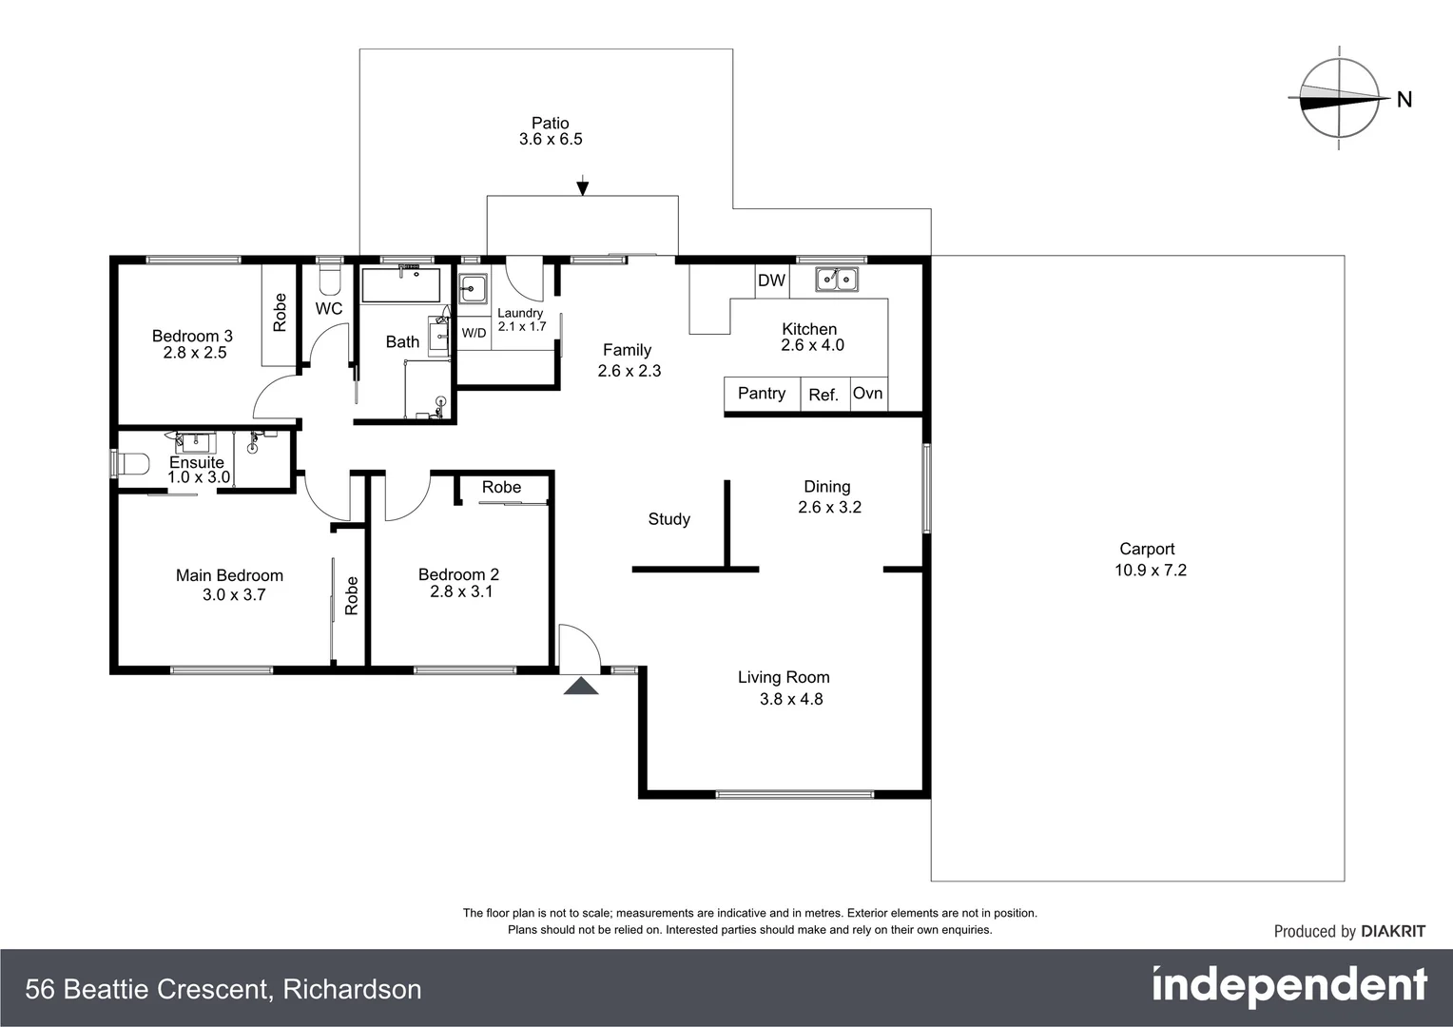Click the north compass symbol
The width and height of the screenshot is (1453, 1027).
pyautogui.click(x=1339, y=98)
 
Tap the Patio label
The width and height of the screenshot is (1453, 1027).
pyautogui.click(x=550, y=123)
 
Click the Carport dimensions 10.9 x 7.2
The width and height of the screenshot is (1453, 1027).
pyautogui.click(x=1151, y=571)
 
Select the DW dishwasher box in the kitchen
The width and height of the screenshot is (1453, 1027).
pyautogui.click(x=771, y=281)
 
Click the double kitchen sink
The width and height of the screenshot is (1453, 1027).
pyautogui.click(x=836, y=280)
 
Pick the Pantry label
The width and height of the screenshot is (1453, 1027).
pyautogui.click(x=761, y=394)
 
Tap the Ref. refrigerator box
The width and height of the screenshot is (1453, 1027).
pyautogui.click(x=823, y=395)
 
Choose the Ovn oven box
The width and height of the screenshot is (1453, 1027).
pyautogui.click(x=867, y=394)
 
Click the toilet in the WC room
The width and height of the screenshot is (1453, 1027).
pyautogui.click(x=329, y=278)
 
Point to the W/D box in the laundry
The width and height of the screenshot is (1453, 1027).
pyautogui.click(x=474, y=333)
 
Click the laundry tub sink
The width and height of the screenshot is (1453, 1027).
pyautogui.click(x=473, y=288)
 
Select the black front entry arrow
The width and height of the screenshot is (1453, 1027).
pyautogui.click(x=581, y=686)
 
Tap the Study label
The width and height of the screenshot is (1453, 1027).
pyautogui.click(x=668, y=519)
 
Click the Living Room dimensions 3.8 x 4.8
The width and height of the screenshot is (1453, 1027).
pyautogui.click(x=790, y=699)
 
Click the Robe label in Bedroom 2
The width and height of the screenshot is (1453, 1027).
pyautogui.click(x=501, y=487)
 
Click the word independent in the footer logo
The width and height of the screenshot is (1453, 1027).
pyautogui.click(x=1288, y=987)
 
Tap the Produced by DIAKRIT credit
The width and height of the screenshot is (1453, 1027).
pyautogui.click(x=1348, y=932)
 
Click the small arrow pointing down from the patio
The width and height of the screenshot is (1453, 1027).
pyautogui.click(x=582, y=187)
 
